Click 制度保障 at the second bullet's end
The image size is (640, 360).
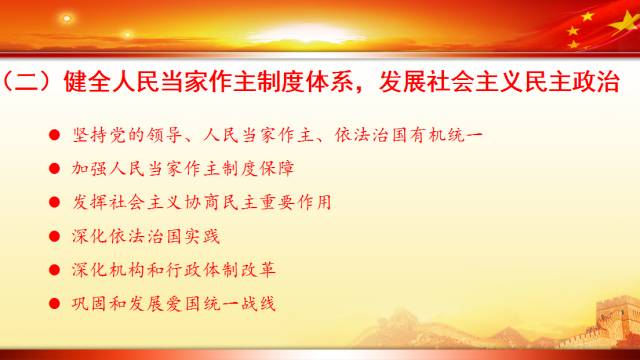255,168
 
